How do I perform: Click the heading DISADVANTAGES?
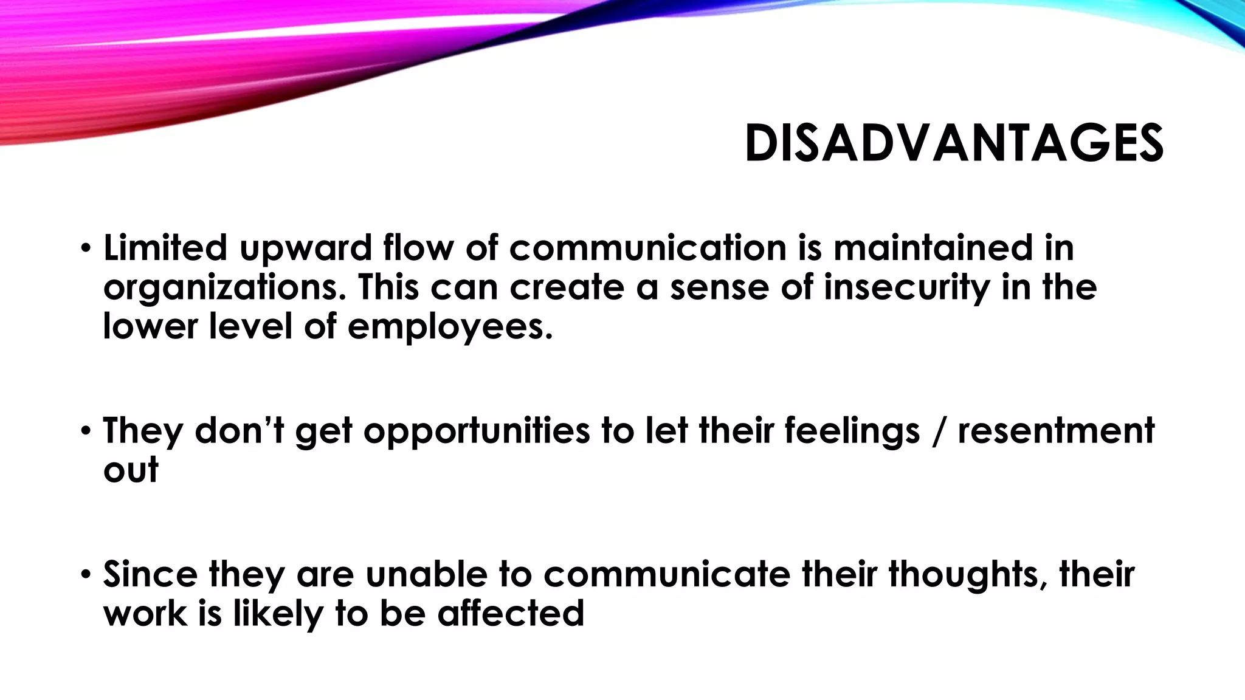click(953, 144)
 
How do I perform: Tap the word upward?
click(305, 249)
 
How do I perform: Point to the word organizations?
click(221, 288)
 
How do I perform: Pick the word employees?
click(450, 327)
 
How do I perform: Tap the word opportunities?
click(476, 431)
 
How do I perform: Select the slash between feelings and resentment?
click(939, 431)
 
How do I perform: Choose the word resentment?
click(1056, 431)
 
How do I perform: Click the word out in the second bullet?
click(131, 470)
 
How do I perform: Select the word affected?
click(511, 613)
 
